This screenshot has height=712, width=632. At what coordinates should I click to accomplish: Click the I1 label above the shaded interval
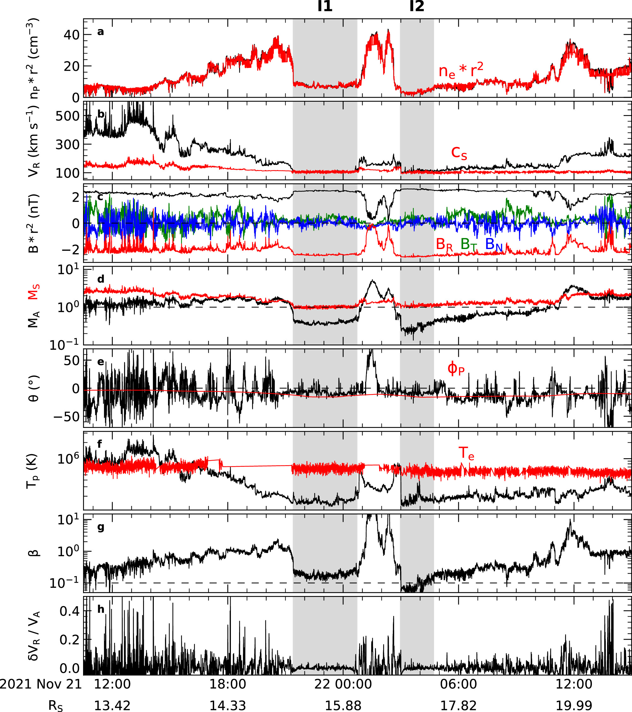(325, 6)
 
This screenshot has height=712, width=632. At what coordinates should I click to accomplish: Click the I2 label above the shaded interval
(417, 6)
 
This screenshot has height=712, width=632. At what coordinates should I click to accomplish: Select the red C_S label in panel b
(459, 153)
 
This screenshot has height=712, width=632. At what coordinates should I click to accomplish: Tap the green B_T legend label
(469, 244)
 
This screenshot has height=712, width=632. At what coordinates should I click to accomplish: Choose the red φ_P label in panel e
(456, 368)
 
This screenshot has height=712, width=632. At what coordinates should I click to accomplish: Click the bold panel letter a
(101, 32)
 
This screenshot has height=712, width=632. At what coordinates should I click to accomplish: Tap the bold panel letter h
(101, 609)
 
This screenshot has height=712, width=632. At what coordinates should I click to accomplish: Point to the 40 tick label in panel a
(71, 35)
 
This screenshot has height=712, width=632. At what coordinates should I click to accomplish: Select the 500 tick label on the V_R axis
(68, 116)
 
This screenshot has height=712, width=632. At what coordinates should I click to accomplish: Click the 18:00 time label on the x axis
(227, 684)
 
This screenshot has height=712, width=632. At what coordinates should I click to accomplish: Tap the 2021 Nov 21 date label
(41, 684)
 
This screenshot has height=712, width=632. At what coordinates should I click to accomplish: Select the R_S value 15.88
(343, 705)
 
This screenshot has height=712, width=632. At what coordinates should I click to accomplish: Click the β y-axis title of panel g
(33, 553)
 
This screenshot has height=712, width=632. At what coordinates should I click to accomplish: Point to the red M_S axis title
(33, 292)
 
